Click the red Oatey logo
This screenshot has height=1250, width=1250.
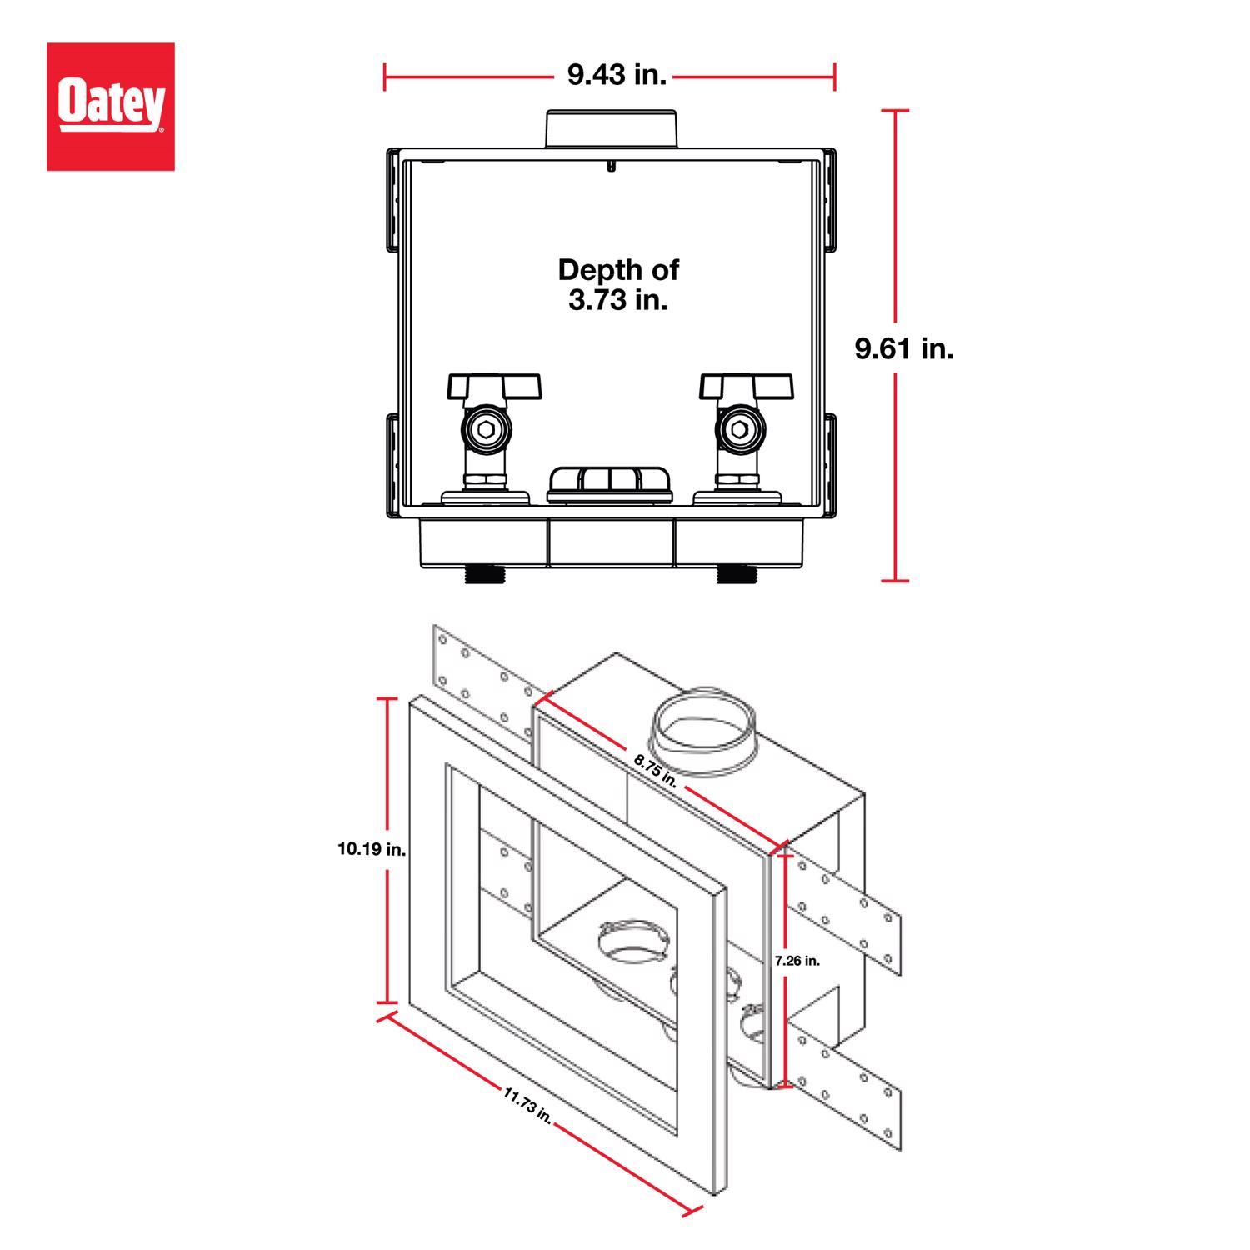coord(110,107)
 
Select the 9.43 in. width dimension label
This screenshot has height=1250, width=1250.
coord(617,76)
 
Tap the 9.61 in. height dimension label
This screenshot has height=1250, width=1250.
coord(904,348)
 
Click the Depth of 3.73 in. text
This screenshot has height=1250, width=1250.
coord(617,284)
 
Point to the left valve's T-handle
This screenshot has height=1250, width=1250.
coord(494,386)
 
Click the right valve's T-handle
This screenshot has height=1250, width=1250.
coord(746,386)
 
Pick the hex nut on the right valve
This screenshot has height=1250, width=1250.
coord(738,430)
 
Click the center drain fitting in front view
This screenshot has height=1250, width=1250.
coord(610,484)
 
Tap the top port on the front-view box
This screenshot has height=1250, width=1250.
coord(610,129)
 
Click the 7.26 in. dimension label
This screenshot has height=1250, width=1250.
coord(797,961)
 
